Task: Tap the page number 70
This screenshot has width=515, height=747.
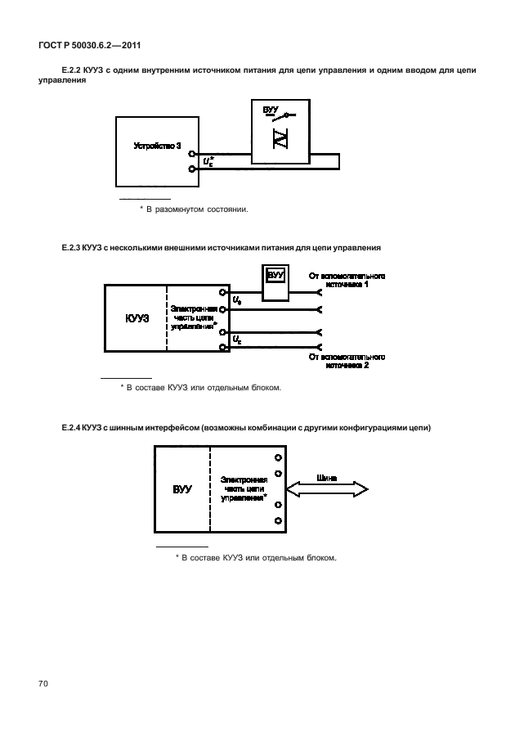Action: (x=43, y=682)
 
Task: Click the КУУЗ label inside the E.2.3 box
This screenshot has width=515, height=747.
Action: (x=137, y=317)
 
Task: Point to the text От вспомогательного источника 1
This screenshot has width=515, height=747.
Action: (x=346, y=280)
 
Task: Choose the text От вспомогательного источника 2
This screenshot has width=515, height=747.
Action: (x=346, y=362)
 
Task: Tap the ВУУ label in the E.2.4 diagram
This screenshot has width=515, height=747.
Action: (x=182, y=489)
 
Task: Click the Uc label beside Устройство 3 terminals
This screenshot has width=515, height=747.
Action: (x=208, y=161)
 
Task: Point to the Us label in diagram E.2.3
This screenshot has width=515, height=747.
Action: (x=237, y=300)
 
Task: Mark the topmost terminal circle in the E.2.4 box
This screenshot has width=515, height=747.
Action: (x=279, y=458)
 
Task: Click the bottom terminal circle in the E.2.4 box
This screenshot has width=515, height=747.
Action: (x=279, y=521)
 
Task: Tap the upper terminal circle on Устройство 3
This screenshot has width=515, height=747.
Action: (x=191, y=153)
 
